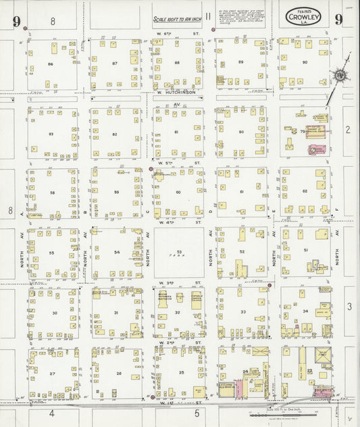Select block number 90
point(305,62)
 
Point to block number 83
point(51,134)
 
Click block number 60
point(178,193)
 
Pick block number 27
point(51,373)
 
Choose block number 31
point(116,312)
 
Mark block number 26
point(118,373)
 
